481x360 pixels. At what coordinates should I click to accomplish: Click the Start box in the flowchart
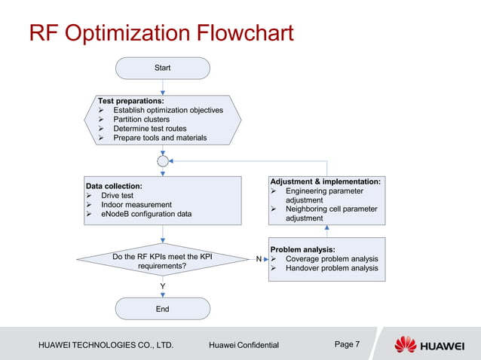point(162,68)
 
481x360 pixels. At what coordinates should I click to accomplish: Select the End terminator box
point(162,309)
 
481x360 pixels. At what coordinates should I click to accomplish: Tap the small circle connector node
point(162,161)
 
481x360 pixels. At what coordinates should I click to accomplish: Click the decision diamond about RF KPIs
point(162,261)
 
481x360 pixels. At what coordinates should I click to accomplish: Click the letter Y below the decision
point(162,286)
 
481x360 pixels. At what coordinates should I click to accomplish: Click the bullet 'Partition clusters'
point(141,119)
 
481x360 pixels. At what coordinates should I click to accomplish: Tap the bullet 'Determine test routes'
point(149,129)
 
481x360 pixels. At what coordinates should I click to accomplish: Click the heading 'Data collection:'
point(114,186)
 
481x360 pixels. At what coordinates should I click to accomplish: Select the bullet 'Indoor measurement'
point(136,205)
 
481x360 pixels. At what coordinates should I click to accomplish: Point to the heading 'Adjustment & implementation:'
point(325,182)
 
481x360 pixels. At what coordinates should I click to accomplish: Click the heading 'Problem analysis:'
point(302,249)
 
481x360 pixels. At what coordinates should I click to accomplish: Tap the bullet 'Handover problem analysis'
point(331,268)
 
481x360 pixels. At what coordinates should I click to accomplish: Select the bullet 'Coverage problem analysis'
point(331,259)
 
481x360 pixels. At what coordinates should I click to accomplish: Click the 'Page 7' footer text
point(347,344)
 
